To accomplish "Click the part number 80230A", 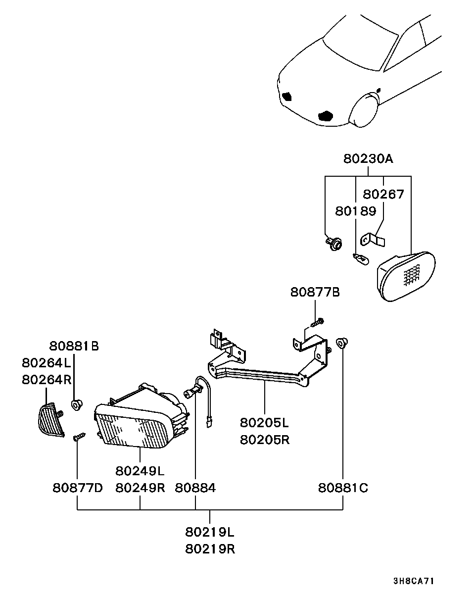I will (368, 159).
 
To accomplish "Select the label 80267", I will (383, 194).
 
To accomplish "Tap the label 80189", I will (355, 211).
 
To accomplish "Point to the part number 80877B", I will (315, 293).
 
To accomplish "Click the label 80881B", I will (74, 346).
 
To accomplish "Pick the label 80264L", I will (47, 362).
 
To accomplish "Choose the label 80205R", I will (264, 440).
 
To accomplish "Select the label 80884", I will (195, 488).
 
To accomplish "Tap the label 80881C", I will (343, 488).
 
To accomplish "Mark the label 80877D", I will (78, 488).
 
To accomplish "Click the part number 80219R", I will (210, 549).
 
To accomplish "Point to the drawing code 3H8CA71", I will (414, 581).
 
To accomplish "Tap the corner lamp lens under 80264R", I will (51, 420).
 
